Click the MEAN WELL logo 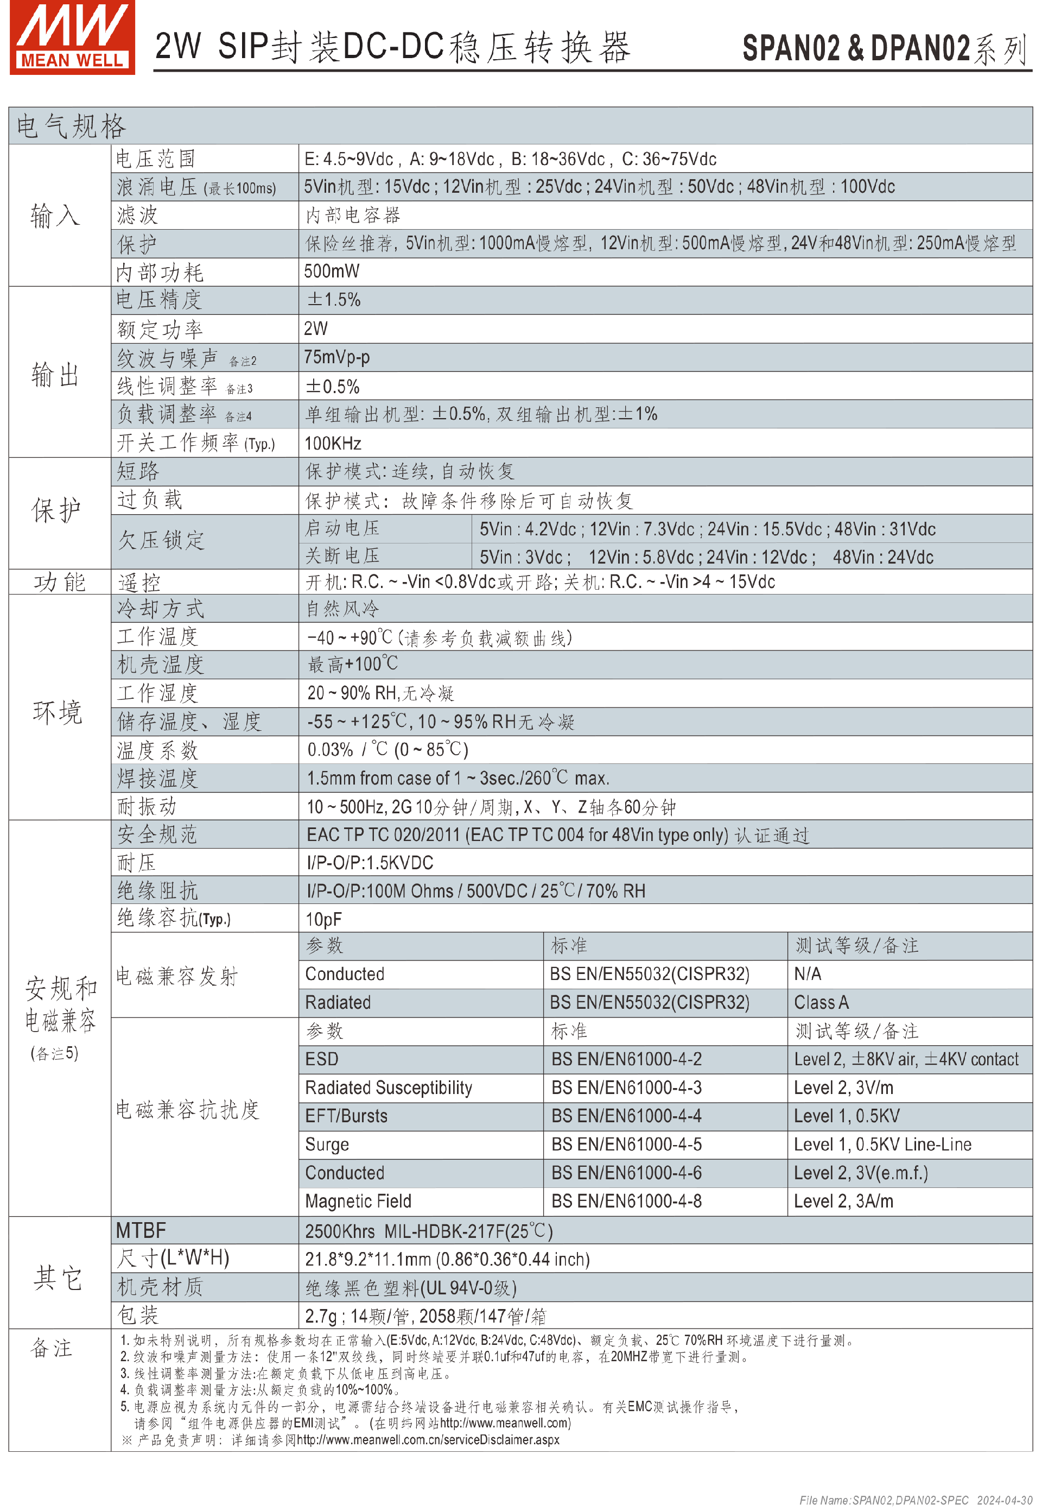click(x=72, y=37)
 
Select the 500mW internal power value click(x=332, y=271)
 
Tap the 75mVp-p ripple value click(x=336, y=357)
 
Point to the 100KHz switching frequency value click(x=333, y=444)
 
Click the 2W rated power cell click(x=316, y=328)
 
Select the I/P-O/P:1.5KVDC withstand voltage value click(x=370, y=863)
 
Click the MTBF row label click(x=141, y=1231)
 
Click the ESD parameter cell click(x=322, y=1059)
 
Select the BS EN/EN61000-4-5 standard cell click(x=626, y=1144)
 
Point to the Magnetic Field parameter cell click(x=358, y=1201)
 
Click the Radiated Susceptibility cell click(x=389, y=1088)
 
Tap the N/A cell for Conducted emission click(x=808, y=974)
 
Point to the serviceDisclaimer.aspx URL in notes click(x=428, y=1440)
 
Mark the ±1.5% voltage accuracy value click(x=334, y=300)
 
